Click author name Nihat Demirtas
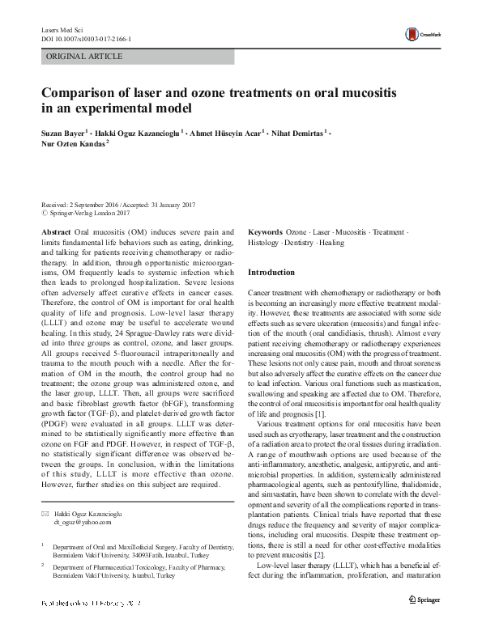pyautogui.click(x=297, y=130)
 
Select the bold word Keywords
pyautogui.click(x=265, y=231)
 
